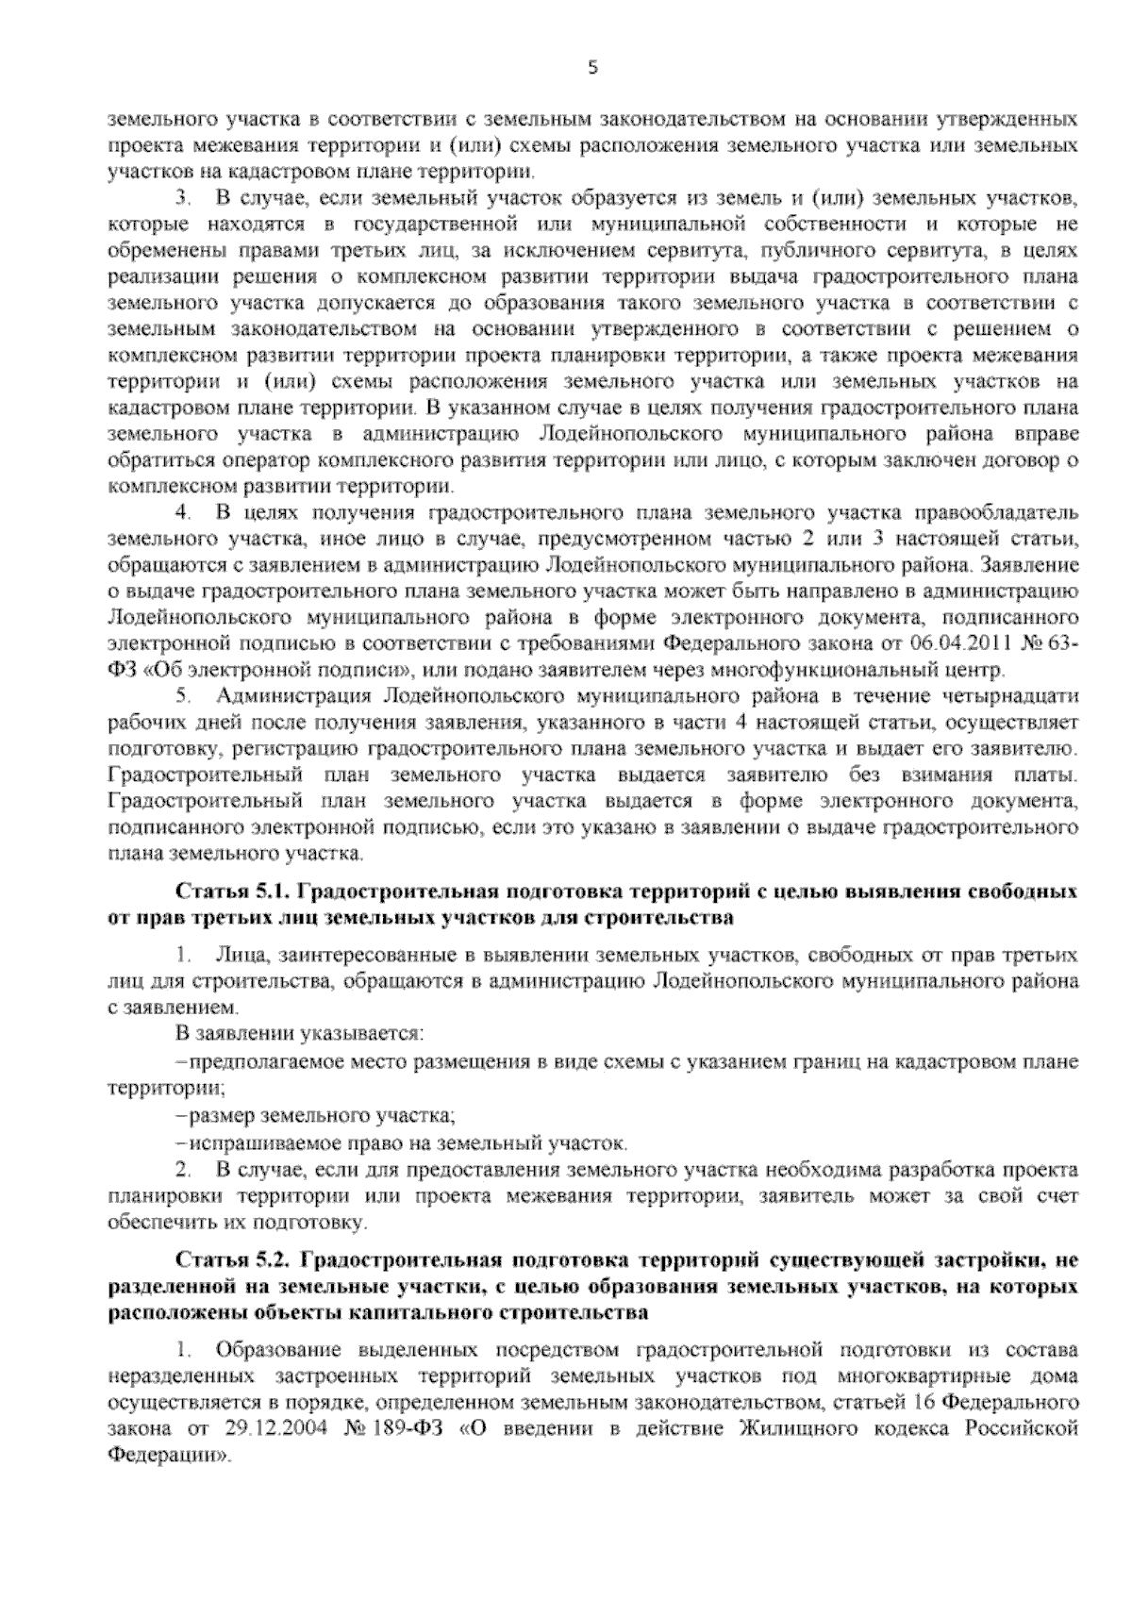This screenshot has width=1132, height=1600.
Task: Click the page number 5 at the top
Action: pos(592,67)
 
